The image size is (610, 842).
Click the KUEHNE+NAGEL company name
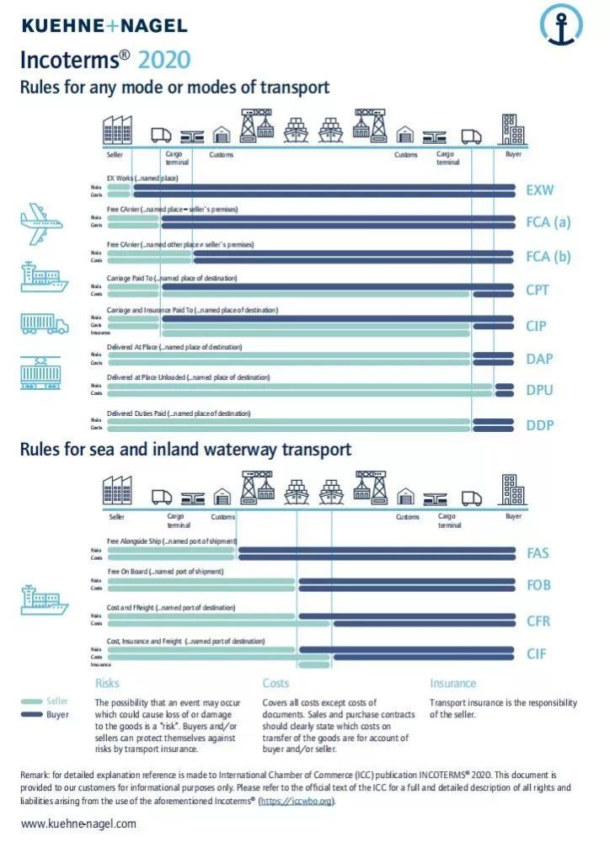tap(104, 26)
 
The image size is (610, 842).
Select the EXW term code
tap(540, 190)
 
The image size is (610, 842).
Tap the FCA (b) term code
tap(548, 257)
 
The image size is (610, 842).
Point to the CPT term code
tap(538, 290)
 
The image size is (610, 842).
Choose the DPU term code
tap(539, 391)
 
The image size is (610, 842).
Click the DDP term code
tap(540, 425)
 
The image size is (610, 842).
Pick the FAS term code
tap(538, 553)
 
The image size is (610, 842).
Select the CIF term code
tap(537, 653)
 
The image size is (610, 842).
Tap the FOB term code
tap(538, 586)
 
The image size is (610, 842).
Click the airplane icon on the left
tap(41, 223)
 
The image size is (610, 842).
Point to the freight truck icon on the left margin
tap(43, 323)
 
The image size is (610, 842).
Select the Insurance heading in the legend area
tap(452, 684)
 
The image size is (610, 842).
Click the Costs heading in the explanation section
tap(276, 684)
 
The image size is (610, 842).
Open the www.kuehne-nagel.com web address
tap(78, 823)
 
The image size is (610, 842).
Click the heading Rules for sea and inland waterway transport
tap(185, 450)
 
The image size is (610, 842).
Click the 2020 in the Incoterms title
tap(164, 60)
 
